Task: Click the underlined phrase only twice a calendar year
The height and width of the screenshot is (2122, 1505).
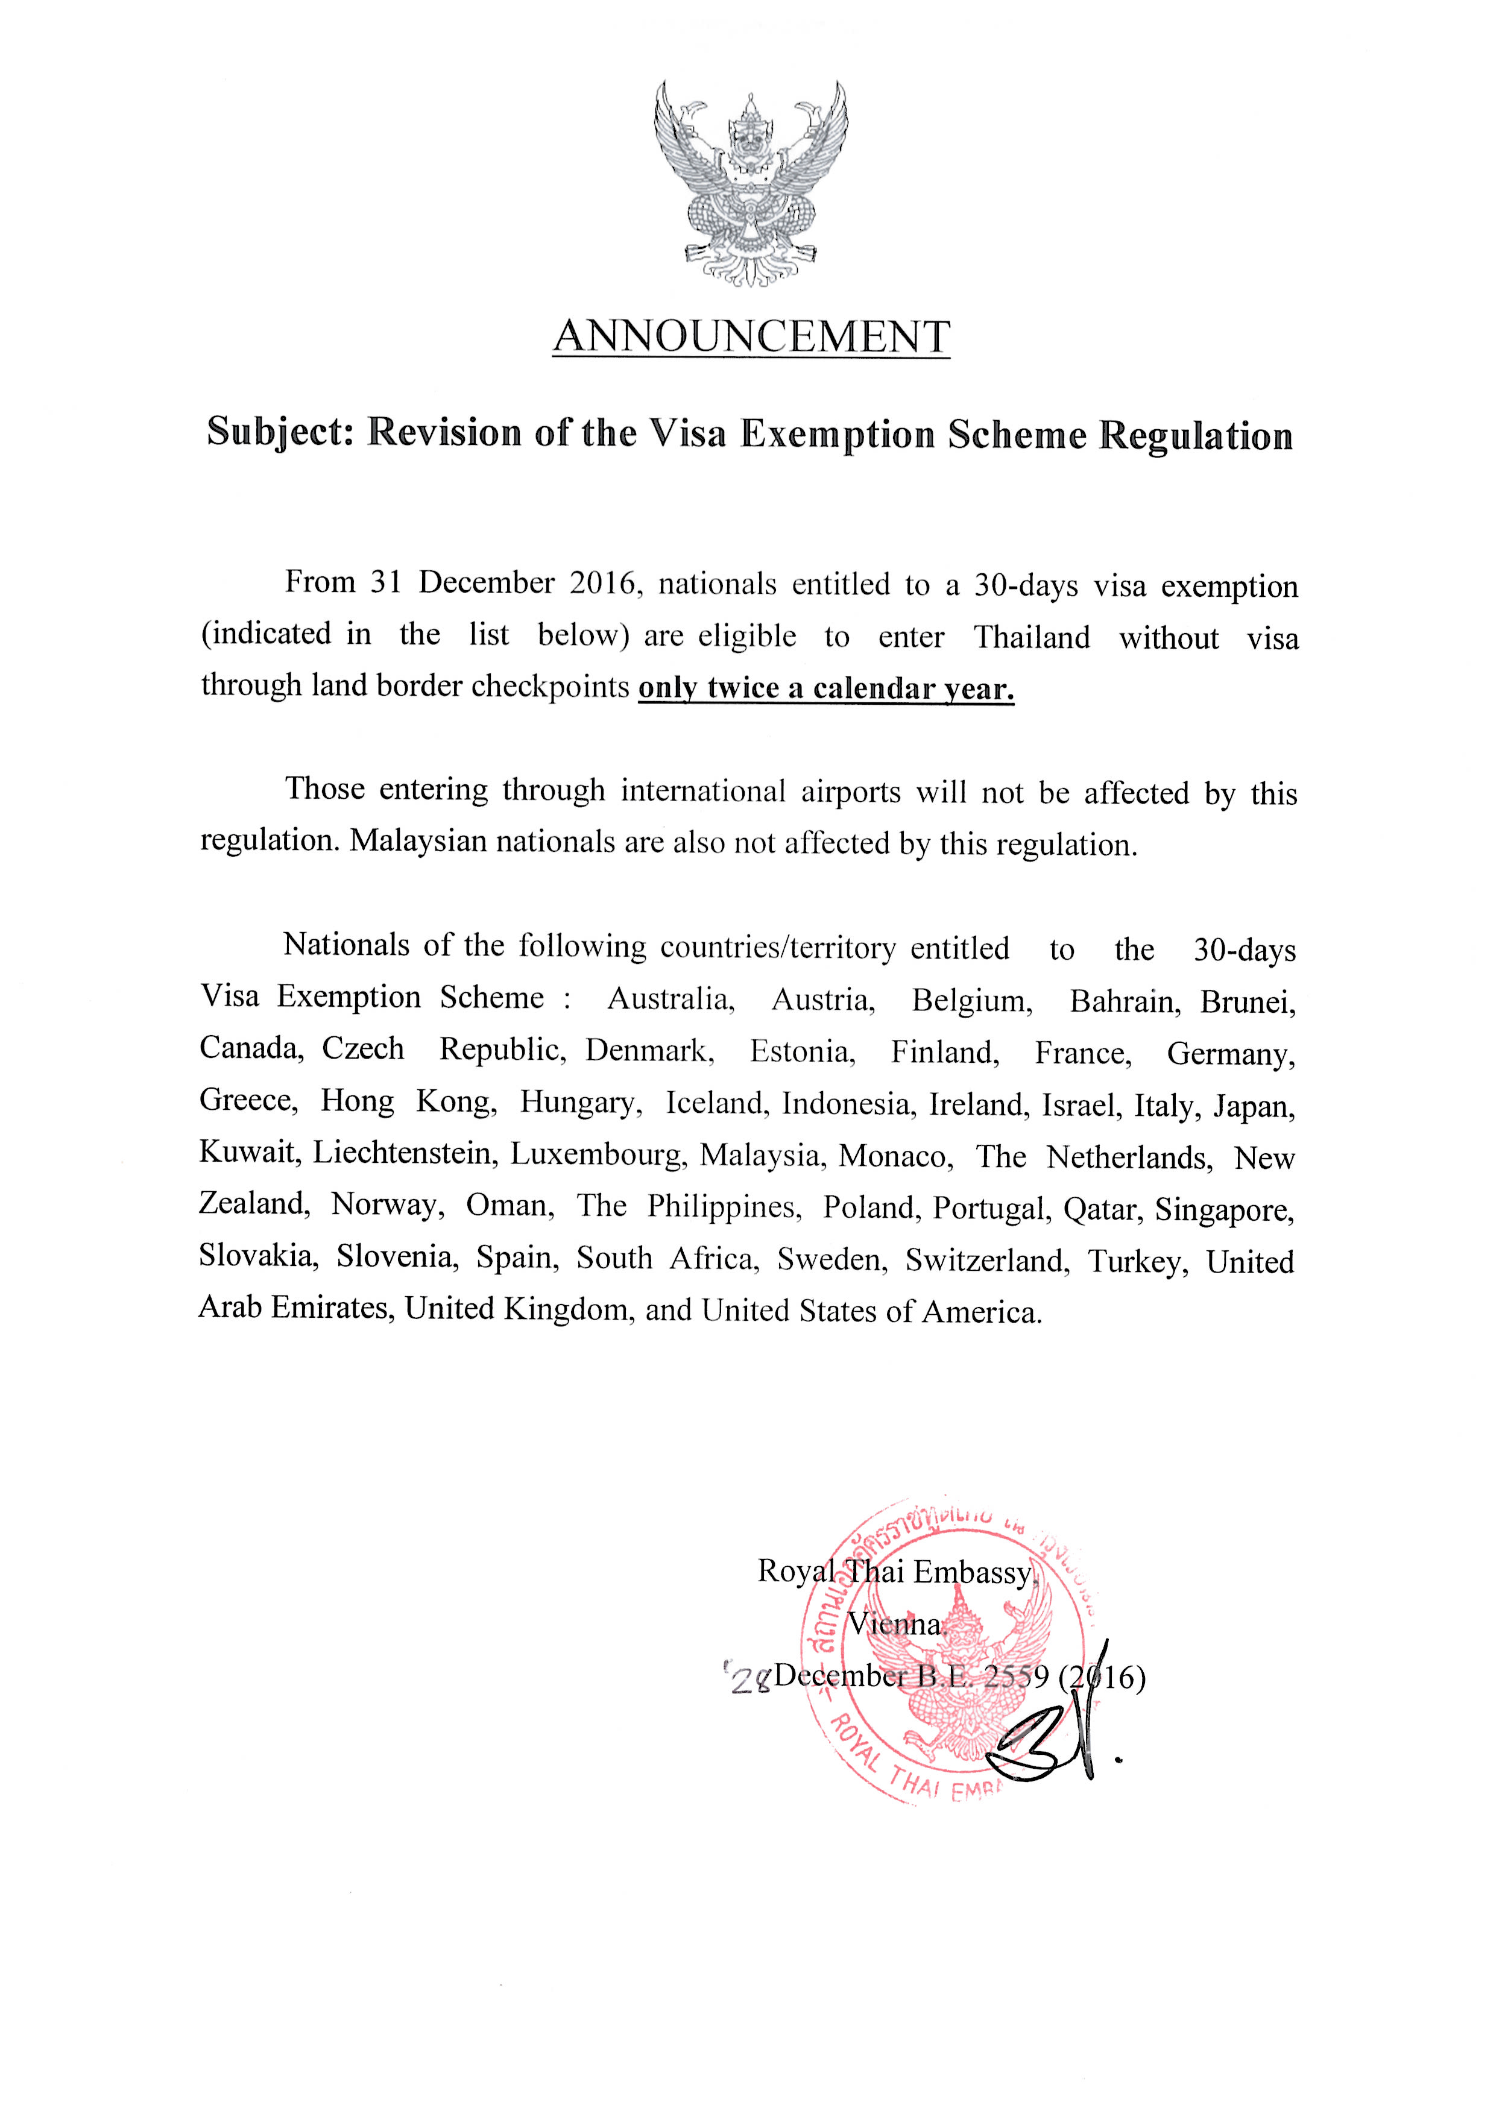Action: pyautogui.click(x=825, y=688)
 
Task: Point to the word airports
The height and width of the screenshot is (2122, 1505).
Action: pyautogui.click(x=851, y=792)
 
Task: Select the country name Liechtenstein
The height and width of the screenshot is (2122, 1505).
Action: pyautogui.click(x=407, y=1153)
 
